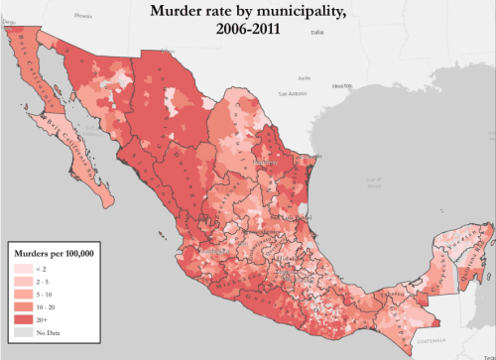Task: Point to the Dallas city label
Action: [316, 33]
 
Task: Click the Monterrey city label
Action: [265, 161]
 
